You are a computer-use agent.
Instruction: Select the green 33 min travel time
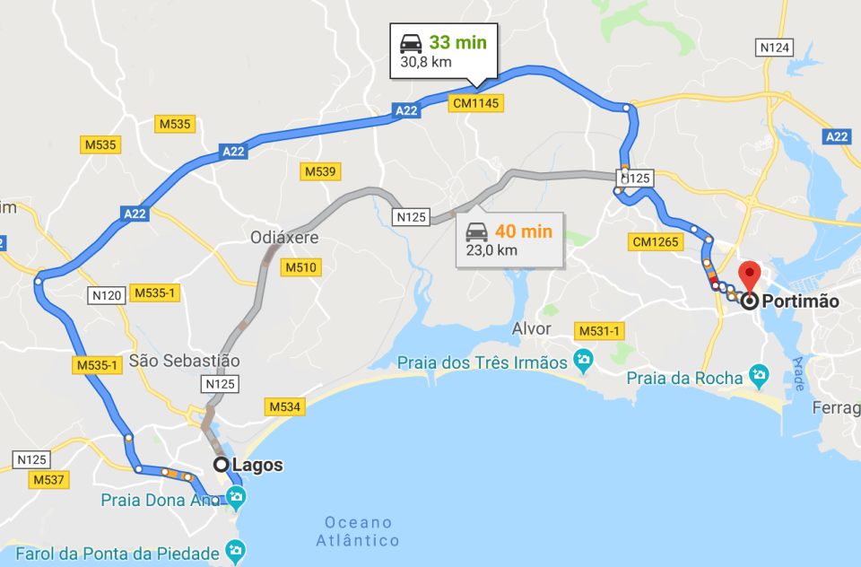[457, 43]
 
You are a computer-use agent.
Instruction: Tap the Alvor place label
[531, 329]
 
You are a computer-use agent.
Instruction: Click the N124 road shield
[775, 47]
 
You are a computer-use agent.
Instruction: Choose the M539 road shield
[320, 171]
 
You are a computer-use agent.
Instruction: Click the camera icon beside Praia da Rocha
[760, 373]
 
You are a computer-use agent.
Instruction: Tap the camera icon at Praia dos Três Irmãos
[584, 362]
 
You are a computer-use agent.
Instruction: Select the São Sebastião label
[185, 361]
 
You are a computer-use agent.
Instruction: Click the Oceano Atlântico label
[358, 531]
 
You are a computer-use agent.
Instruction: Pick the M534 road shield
[286, 407]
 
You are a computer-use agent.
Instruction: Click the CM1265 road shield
[657, 242]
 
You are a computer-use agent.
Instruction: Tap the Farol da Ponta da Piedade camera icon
[236, 549]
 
